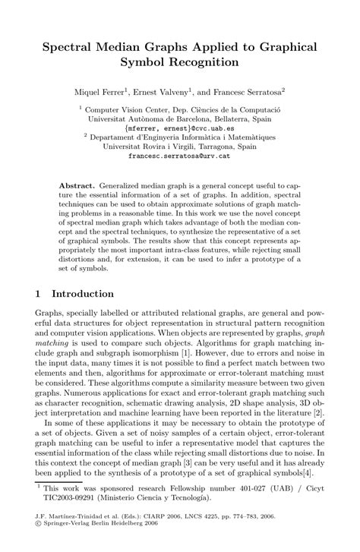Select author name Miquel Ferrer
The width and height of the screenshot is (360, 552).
pyautogui.click(x=101, y=90)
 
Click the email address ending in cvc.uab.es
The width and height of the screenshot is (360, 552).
pyautogui.click(x=180, y=128)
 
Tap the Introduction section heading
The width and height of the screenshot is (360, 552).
pyautogui.click(x=82, y=293)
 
